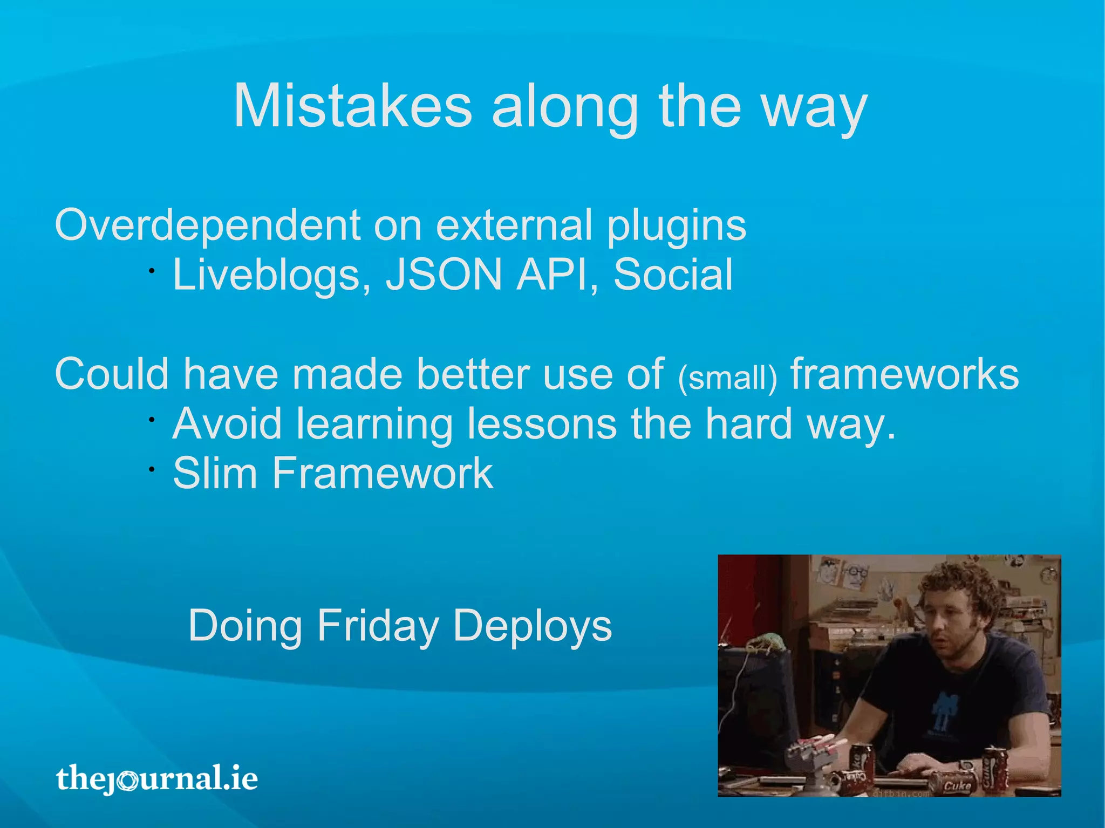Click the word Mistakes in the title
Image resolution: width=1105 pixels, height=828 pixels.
click(352, 106)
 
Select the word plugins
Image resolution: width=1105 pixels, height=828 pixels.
click(677, 227)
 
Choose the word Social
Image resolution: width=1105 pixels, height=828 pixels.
click(673, 275)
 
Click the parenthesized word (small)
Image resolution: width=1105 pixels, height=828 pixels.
click(727, 378)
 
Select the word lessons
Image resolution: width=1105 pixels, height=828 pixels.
click(542, 424)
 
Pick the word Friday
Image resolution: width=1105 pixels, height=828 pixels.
click(378, 626)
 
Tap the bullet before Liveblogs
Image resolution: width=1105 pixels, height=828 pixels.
click(153, 271)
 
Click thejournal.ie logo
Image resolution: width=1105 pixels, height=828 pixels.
click(157, 778)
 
